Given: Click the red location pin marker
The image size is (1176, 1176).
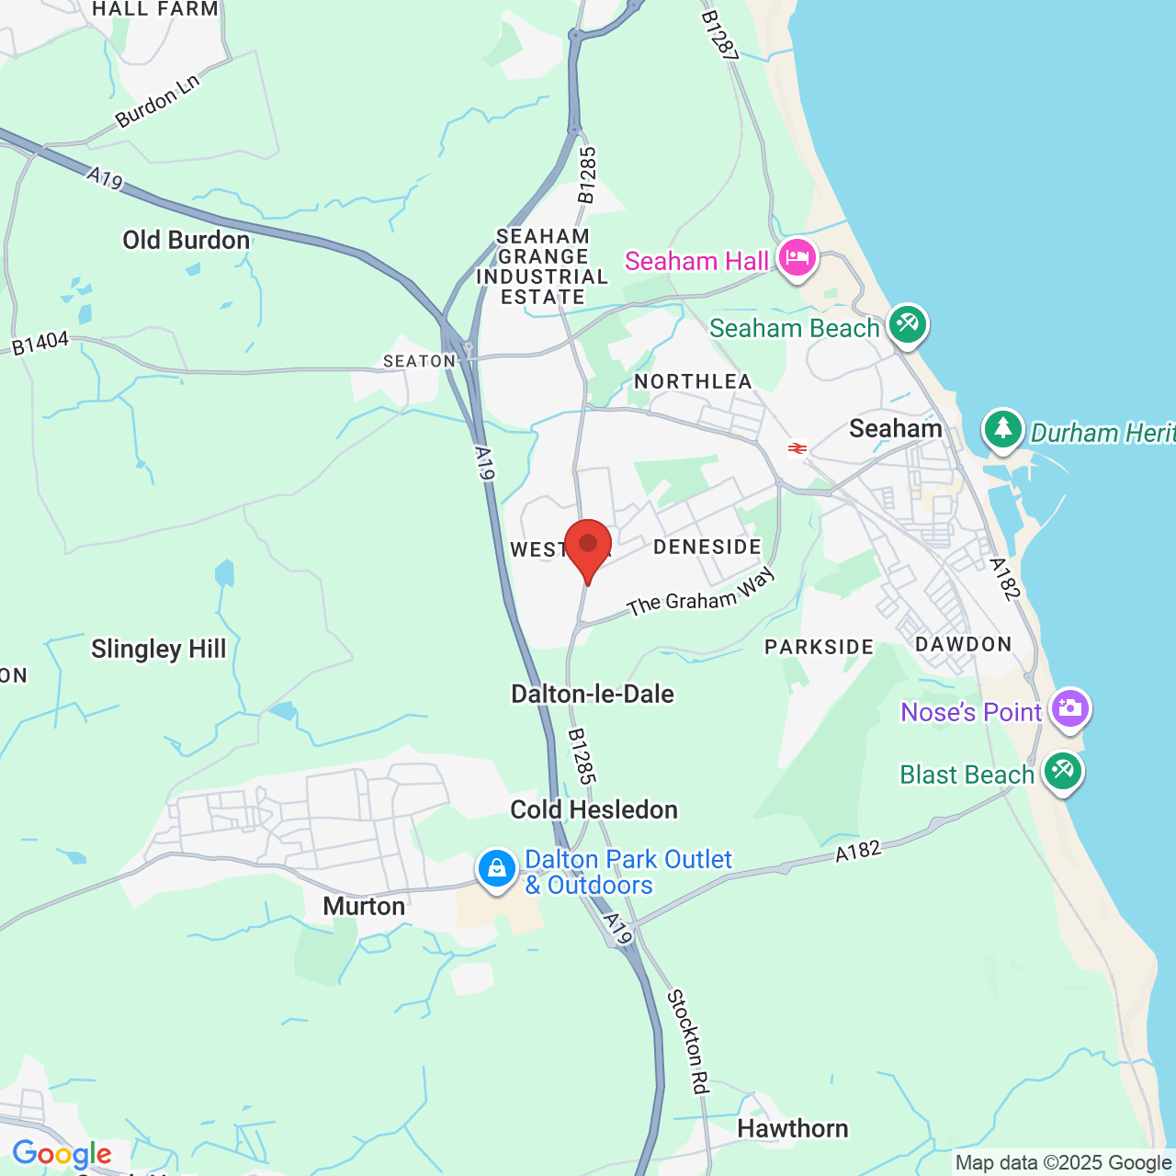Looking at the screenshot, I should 588,547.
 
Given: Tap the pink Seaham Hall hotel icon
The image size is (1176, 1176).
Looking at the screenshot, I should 797,258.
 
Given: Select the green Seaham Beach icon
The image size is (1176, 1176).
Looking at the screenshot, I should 907,324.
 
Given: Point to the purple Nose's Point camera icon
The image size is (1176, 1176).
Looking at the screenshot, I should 1070,708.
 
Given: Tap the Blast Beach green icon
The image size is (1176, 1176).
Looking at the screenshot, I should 1063,771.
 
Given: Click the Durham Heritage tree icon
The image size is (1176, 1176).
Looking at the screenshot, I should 1003,429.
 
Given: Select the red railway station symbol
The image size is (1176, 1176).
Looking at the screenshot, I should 797,448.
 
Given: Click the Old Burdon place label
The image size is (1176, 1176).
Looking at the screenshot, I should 187,241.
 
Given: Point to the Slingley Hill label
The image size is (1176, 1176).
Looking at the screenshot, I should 158,650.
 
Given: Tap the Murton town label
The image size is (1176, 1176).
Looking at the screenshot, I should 364,907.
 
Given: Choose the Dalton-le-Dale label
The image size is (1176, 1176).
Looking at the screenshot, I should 593,695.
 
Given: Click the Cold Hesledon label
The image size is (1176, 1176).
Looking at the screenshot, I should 594,810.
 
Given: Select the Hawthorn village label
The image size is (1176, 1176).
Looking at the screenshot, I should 793,1129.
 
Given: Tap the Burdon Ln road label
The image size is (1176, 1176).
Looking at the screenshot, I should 157,101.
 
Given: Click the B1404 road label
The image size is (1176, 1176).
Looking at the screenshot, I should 40,344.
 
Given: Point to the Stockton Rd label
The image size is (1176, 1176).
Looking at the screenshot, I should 688,1042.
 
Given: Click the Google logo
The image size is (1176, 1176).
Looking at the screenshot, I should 62,1154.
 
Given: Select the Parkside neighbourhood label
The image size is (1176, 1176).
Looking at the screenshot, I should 820,648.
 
